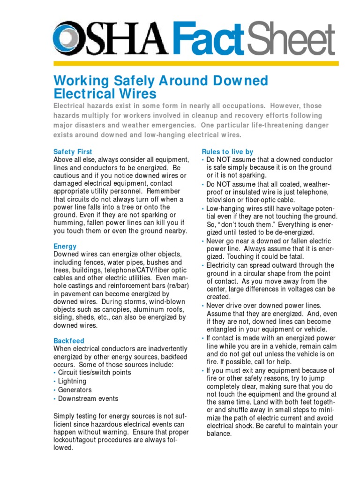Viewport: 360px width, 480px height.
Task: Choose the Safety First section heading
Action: tap(73, 152)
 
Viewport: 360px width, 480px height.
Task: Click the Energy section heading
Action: tap(65, 246)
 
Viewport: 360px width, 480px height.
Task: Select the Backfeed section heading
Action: tap(69, 341)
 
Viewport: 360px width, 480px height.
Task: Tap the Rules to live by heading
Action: tap(227, 152)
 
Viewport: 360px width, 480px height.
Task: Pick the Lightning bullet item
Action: tap(72, 381)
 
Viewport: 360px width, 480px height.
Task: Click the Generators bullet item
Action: tap(75, 390)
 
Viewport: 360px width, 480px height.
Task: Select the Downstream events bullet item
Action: tap(88, 399)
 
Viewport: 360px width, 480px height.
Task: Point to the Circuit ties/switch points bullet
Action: tap(95, 373)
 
